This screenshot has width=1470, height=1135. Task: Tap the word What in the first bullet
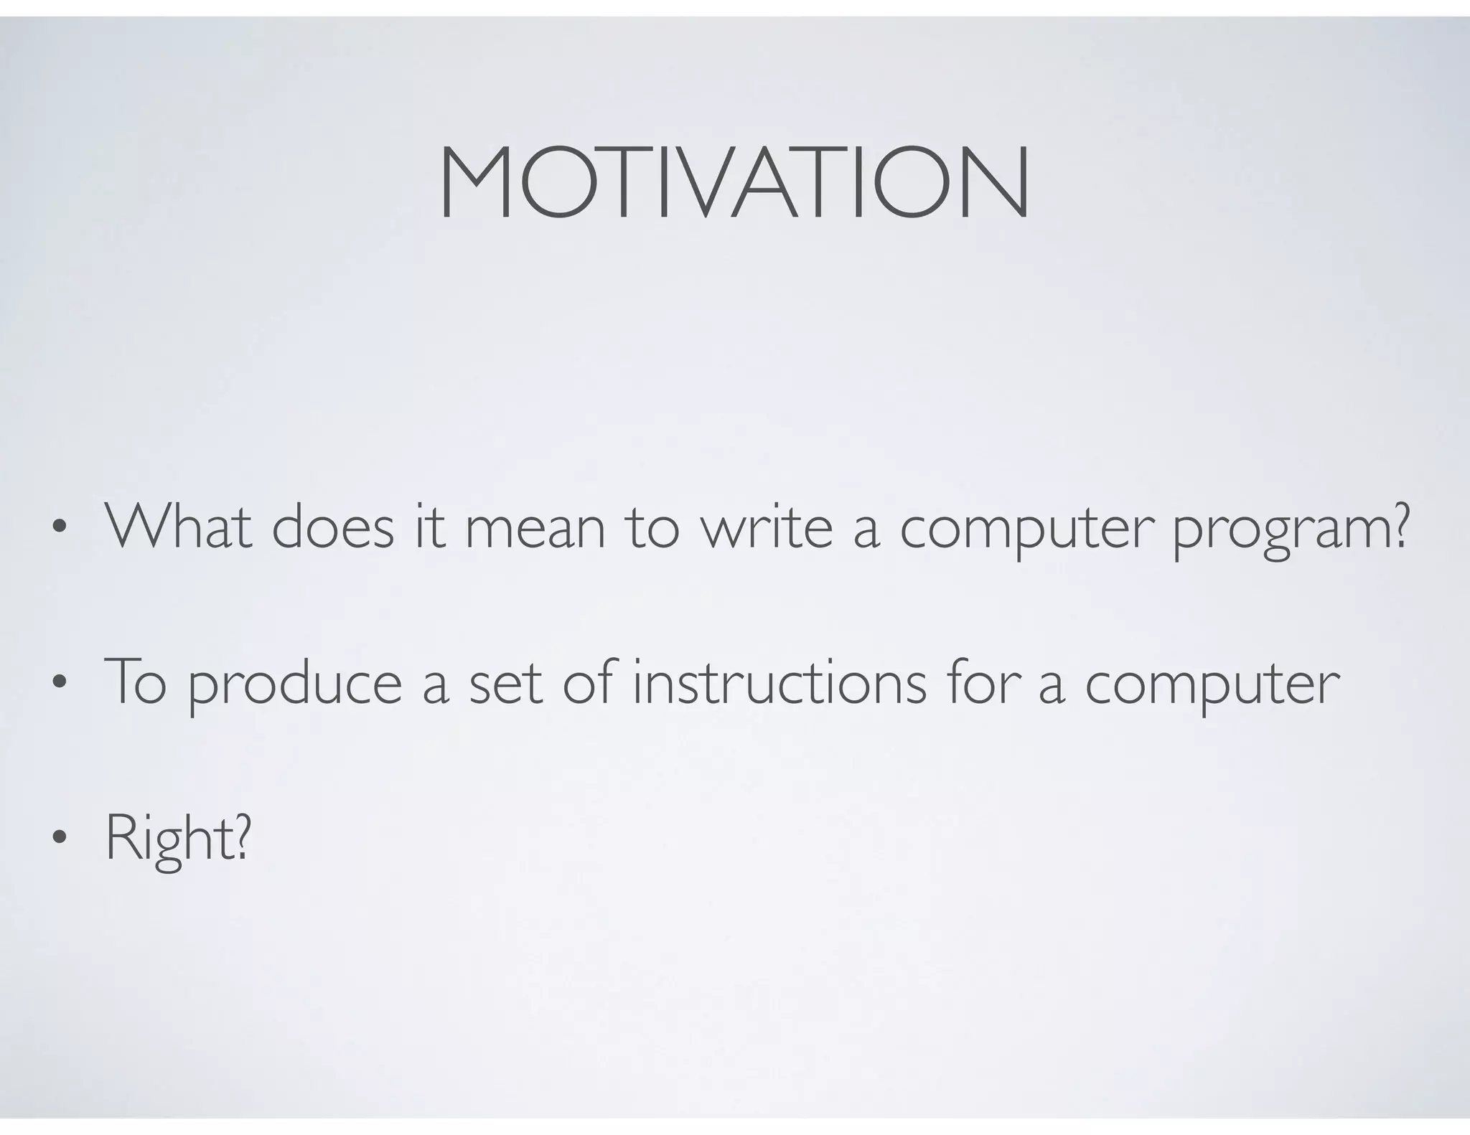click(x=179, y=527)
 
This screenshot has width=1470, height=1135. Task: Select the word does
click(x=333, y=527)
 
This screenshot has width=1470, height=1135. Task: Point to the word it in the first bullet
click(x=429, y=527)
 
